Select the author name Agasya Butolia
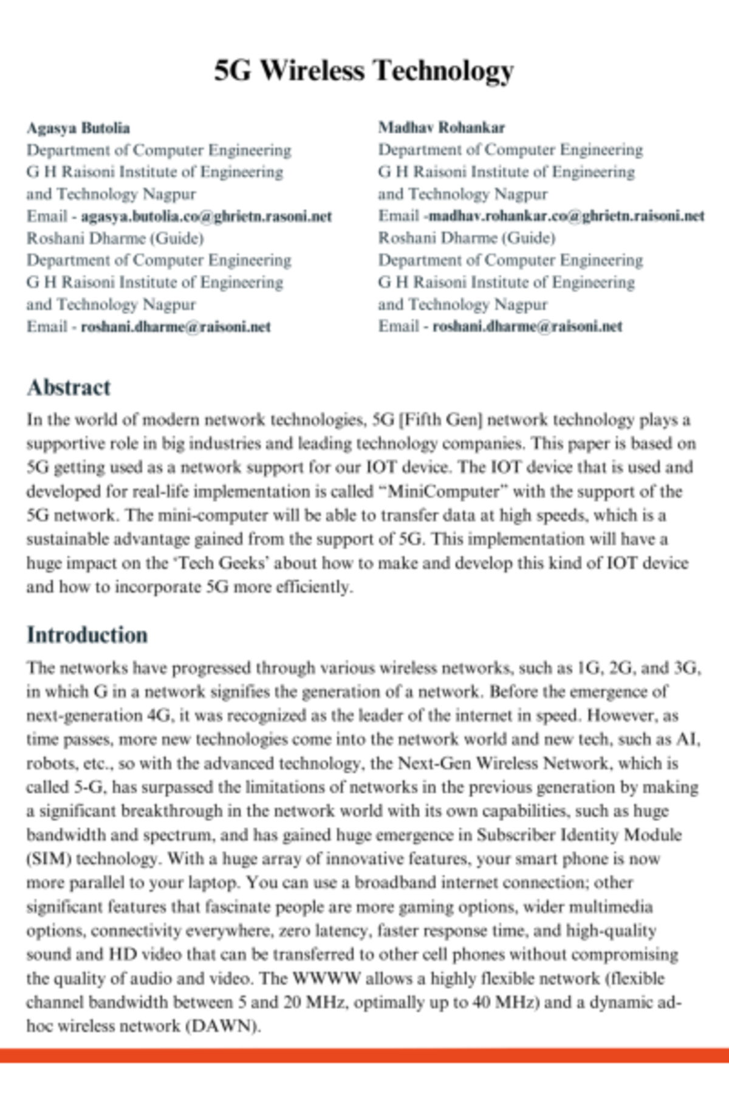point(78,128)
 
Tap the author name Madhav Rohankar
point(441,128)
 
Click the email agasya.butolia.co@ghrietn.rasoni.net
point(206,216)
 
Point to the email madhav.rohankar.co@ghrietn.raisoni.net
point(566,216)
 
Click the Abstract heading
point(68,387)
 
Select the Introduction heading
point(87,635)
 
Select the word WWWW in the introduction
point(326,979)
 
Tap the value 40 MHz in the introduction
point(505,1002)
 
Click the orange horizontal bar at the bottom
point(364,1055)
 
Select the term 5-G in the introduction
point(91,787)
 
